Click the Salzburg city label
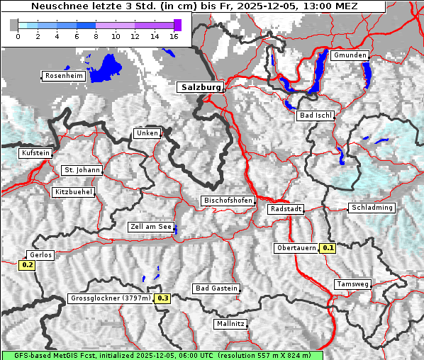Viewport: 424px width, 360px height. [199, 87]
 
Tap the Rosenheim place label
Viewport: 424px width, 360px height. [64, 76]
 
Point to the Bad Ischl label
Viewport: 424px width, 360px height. [315, 116]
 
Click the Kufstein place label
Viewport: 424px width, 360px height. [35, 153]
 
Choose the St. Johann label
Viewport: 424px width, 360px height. [82, 170]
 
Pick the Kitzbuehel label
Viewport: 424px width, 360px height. [74, 192]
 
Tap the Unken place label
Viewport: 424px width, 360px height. [147, 133]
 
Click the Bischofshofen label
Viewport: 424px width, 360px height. [228, 201]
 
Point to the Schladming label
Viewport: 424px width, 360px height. [372, 208]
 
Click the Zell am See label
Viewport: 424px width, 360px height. [151, 227]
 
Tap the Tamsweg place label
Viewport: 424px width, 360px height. [352, 284]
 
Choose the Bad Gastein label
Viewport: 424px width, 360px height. [216, 288]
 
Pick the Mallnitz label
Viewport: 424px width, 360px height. [230, 324]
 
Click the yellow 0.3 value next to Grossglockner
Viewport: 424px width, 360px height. [163, 298]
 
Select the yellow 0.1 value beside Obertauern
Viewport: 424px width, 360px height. [328, 248]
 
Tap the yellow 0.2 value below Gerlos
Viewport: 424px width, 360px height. [27, 265]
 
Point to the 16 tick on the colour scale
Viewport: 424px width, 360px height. [174, 36]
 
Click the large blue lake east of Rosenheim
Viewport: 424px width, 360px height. [106, 67]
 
